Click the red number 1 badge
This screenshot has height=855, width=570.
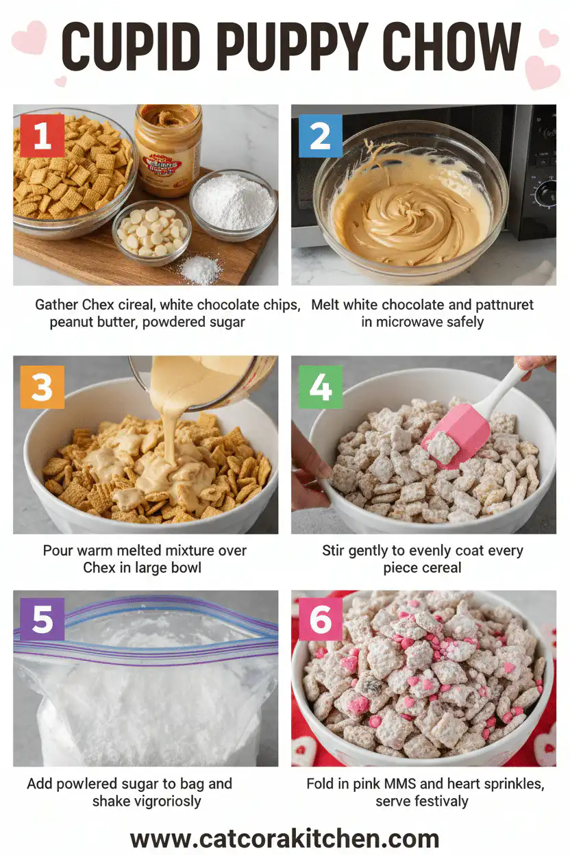(42, 136)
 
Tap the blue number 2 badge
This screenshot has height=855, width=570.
(320, 136)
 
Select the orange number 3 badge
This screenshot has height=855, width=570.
(42, 387)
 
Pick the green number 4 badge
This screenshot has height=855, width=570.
(320, 387)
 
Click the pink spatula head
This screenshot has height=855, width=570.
(455, 435)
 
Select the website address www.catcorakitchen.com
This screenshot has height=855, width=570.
(284, 837)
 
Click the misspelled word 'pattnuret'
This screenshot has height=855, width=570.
(499, 304)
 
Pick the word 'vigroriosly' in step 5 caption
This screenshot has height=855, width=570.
(162, 800)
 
